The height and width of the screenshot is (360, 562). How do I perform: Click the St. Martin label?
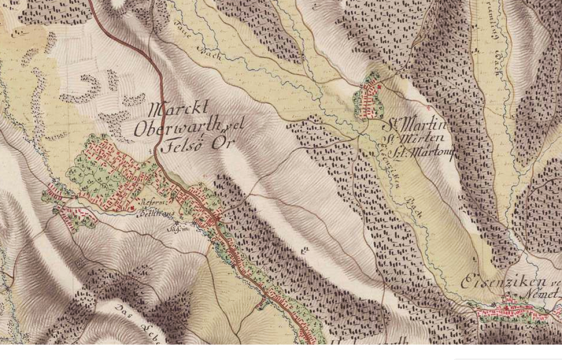[415, 124]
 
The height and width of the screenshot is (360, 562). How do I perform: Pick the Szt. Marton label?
[421, 152]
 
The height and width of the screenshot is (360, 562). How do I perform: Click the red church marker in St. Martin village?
[380, 87]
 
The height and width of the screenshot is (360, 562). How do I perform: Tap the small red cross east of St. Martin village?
[428, 108]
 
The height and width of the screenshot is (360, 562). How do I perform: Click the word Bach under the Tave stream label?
[212, 53]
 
